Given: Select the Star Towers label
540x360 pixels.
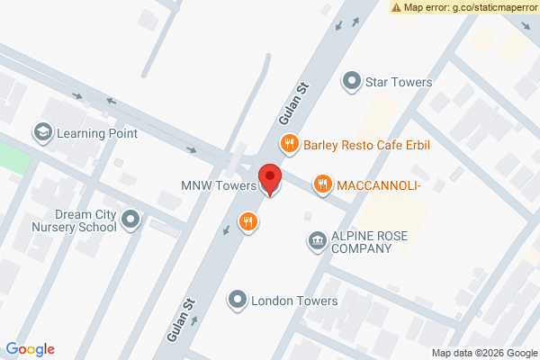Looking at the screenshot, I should [399, 82].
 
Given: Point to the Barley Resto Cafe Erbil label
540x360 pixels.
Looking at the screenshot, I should [369, 143].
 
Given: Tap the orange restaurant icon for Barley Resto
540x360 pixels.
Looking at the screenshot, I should [289, 142].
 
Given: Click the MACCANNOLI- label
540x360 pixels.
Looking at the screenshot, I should [379, 185].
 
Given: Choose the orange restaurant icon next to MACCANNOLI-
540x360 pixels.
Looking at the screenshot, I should [322, 184].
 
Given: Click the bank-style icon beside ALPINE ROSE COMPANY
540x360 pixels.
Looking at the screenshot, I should [317, 240].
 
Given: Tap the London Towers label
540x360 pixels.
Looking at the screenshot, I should [294, 301].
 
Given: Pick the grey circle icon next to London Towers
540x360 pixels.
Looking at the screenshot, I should [238, 300].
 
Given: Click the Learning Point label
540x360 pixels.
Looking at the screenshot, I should [97, 133].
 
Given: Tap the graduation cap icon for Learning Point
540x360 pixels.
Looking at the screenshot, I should [42, 133].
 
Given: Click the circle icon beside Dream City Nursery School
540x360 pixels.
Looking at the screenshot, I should [131, 219].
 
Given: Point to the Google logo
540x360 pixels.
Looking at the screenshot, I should [31, 349].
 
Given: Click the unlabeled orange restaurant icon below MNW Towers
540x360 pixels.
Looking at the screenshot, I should [248, 221].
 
